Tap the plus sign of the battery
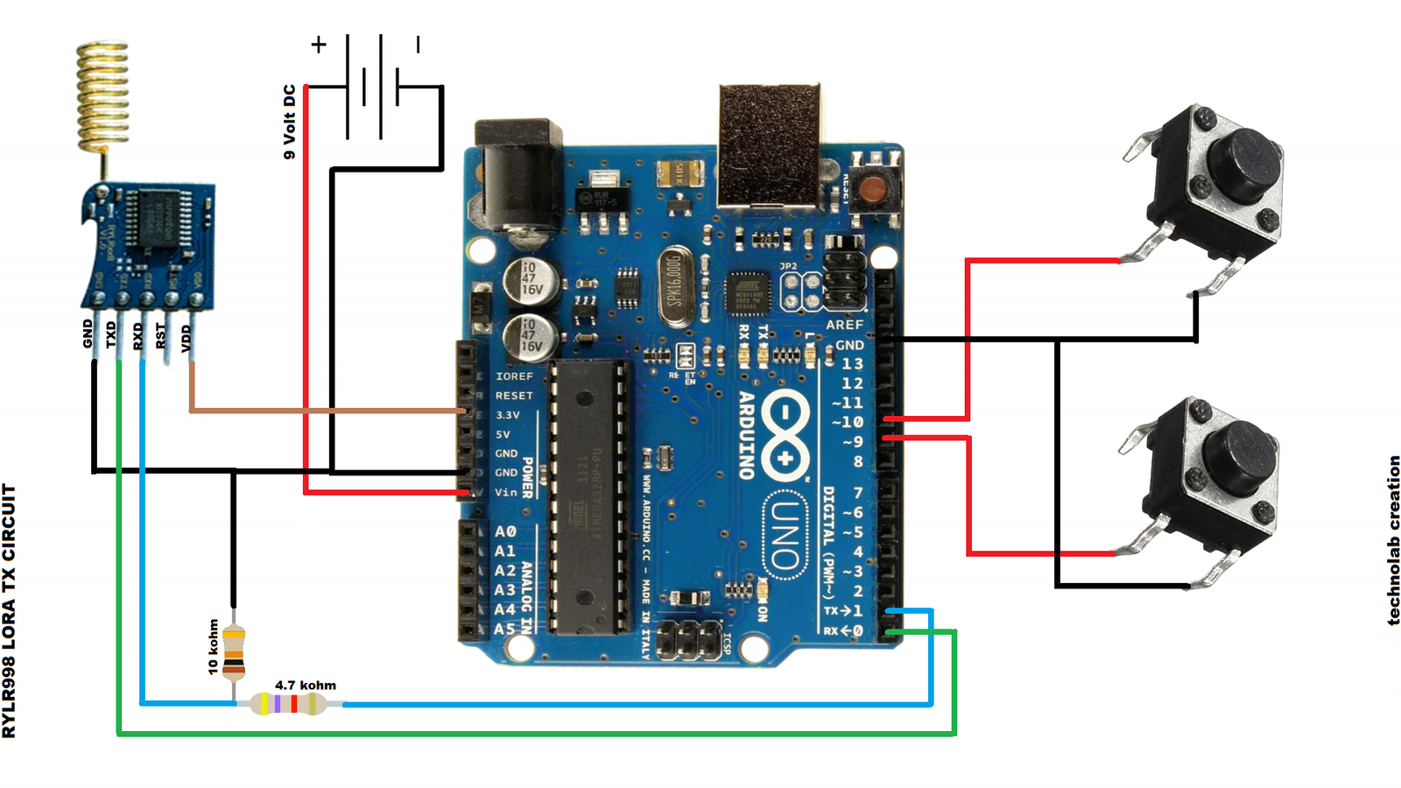[x=319, y=44]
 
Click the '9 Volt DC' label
[x=290, y=122]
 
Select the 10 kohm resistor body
[x=234, y=652]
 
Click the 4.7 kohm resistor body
[x=288, y=703]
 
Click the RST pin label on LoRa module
[x=160, y=335]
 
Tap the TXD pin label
[x=111, y=334]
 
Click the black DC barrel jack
[x=517, y=175]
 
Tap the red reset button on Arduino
[x=872, y=189]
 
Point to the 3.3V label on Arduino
[x=508, y=415]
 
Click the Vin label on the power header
[x=505, y=492]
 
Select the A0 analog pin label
[x=505, y=531]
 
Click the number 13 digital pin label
[x=852, y=363]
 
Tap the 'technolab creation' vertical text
[x=1393, y=539]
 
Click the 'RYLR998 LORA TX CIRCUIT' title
[x=9, y=611]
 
